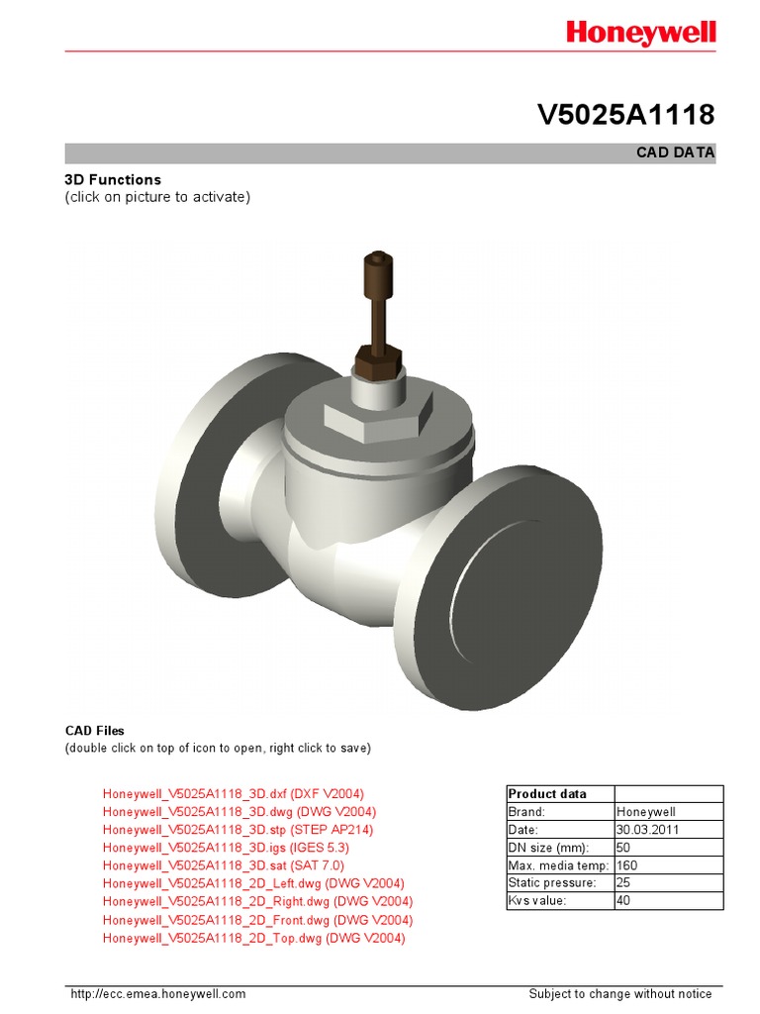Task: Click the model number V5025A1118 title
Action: click(625, 116)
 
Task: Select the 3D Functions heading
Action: click(113, 179)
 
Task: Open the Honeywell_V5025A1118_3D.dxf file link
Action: click(234, 794)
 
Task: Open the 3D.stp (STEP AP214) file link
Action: click(237, 830)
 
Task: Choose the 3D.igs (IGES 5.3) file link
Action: click(226, 848)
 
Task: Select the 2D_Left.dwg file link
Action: click(253, 883)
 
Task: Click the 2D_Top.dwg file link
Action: click(253, 938)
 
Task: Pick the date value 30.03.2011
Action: click(648, 830)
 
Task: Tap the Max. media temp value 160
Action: click(627, 865)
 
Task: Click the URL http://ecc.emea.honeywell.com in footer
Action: click(157, 994)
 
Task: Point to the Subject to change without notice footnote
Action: click(619, 994)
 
